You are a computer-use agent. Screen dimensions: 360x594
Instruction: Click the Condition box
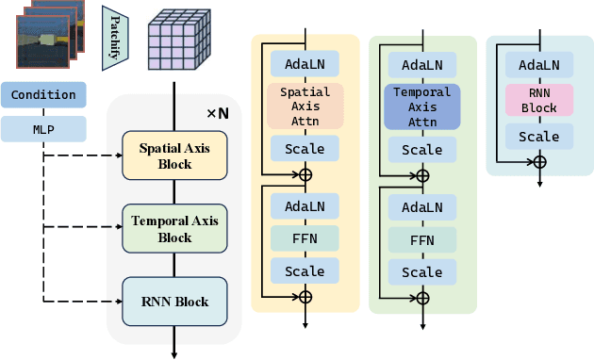coord(44,94)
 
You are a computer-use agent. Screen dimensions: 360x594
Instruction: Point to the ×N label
coord(218,113)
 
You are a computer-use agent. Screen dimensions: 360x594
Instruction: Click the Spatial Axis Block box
coord(174,156)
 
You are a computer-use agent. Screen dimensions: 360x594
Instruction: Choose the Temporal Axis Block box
coord(174,230)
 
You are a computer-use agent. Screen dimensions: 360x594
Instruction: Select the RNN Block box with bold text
coord(174,303)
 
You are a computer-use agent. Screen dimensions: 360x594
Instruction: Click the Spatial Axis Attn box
coord(305,106)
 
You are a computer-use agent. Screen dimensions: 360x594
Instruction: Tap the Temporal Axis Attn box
coord(422,106)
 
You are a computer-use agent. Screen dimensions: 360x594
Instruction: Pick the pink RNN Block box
coord(539,101)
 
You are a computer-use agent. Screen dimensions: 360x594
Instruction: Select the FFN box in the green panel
coord(422,239)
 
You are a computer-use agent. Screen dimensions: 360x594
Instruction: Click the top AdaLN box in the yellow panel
coord(305,64)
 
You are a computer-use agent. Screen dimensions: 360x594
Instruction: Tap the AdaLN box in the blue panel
coord(539,65)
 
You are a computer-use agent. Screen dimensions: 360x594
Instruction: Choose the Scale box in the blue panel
coord(539,137)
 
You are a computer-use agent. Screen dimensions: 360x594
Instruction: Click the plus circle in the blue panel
coord(539,162)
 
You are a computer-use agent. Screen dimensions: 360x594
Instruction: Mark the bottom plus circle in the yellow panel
coord(305,297)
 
